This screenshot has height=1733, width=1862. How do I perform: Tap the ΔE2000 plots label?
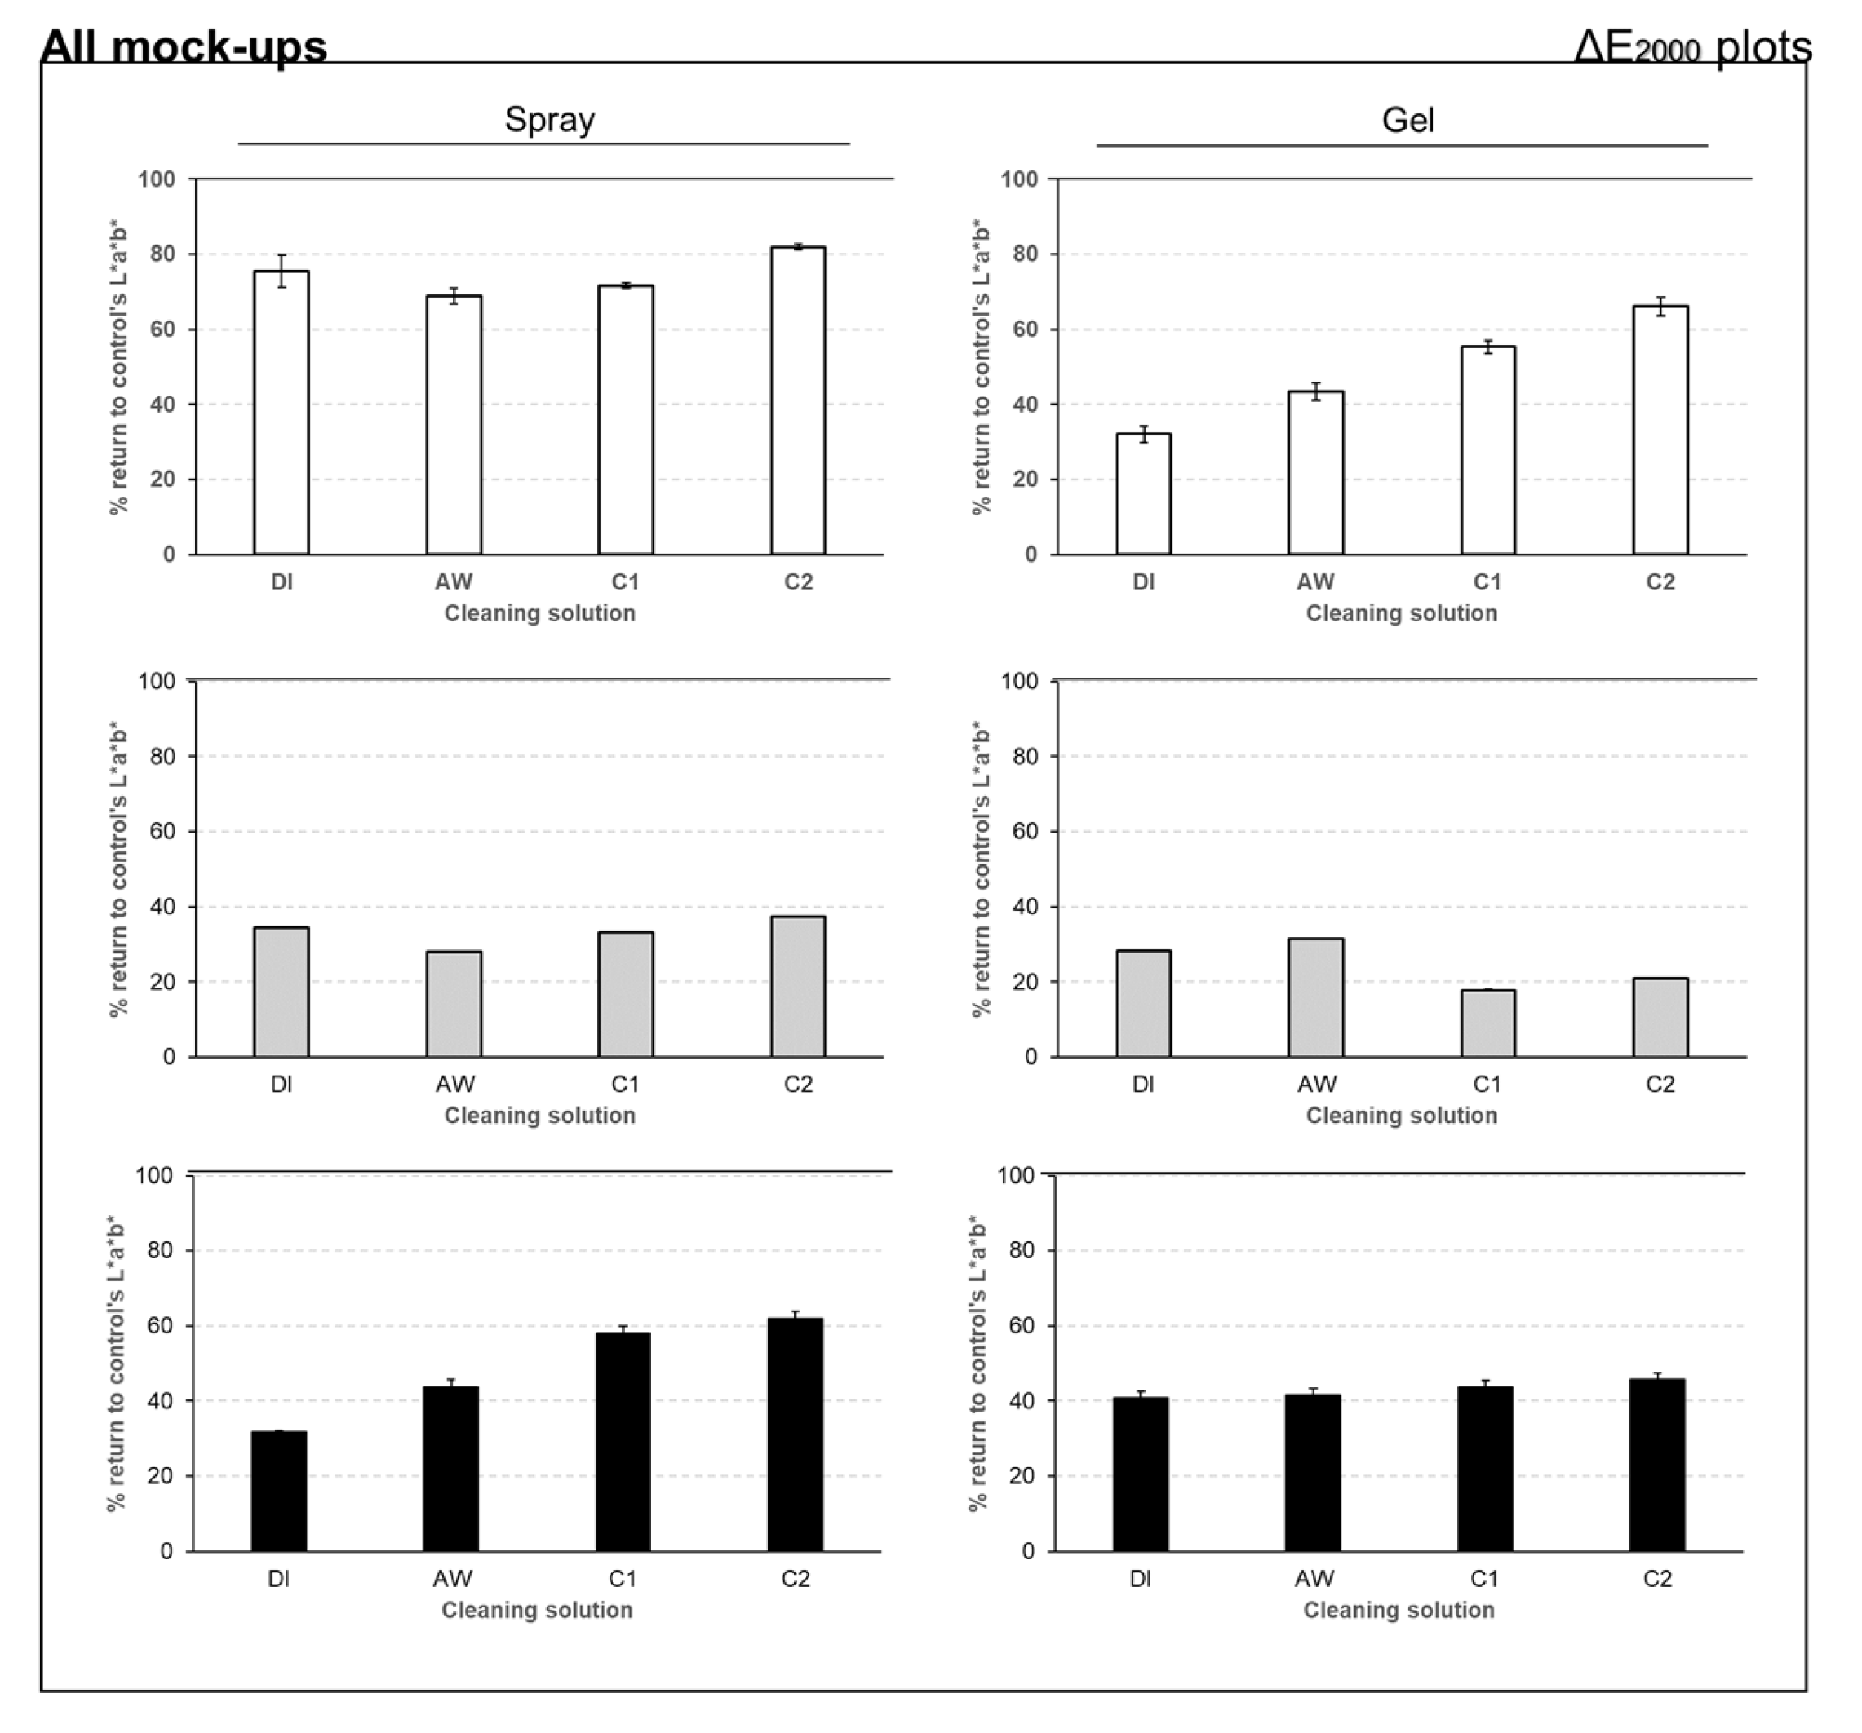[x=1691, y=46]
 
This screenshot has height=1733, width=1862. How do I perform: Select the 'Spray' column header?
[x=549, y=120]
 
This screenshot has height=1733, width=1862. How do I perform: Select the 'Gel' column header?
[x=1407, y=121]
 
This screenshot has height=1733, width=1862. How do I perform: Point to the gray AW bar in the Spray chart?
[x=454, y=1004]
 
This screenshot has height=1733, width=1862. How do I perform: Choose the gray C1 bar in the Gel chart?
[x=1487, y=1023]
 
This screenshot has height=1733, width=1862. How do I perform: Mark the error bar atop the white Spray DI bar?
[x=281, y=271]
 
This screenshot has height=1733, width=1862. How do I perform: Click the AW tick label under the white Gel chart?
[x=1315, y=582]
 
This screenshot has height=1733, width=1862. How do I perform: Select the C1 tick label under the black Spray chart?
[x=622, y=1579]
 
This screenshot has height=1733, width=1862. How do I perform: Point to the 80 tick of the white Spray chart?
[x=162, y=254]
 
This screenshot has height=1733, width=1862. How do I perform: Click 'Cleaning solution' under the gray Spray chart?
[x=539, y=1115]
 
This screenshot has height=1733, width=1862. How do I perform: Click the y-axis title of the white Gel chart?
[x=980, y=367]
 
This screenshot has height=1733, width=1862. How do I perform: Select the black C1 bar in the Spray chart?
[x=622, y=1442]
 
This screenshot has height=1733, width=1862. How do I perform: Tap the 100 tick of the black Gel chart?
[x=1015, y=1174]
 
